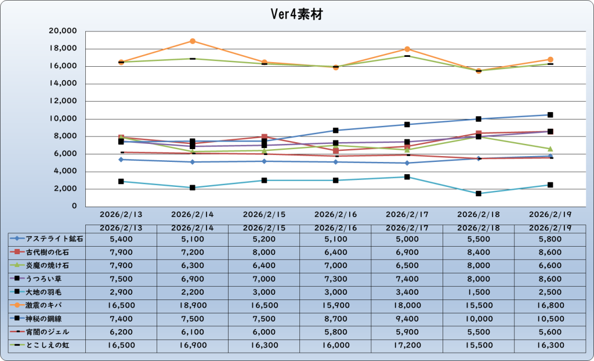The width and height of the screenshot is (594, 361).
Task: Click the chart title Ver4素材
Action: tap(297, 15)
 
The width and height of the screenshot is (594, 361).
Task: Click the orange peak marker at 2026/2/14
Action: tap(193, 41)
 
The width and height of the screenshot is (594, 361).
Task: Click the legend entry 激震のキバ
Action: tap(48, 304)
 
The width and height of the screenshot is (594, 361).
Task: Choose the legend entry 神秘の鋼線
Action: tap(48, 318)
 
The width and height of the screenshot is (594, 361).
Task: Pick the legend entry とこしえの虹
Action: tap(48, 346)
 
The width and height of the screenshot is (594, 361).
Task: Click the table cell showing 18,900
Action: tap(193, 304)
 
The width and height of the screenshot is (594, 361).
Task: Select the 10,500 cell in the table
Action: tap(550, 318)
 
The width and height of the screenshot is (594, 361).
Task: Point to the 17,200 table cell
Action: tap(407, 346)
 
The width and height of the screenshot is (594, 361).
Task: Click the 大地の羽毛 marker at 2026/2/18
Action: tap(479, 193)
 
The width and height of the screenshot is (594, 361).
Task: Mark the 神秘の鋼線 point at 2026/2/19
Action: tap(550, 115)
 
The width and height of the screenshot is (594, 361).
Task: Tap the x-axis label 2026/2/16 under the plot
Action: tap(336, 214)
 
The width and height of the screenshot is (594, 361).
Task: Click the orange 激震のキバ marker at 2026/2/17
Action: tap(407, 49)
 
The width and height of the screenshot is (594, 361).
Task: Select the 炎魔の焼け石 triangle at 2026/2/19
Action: tap(550, 149)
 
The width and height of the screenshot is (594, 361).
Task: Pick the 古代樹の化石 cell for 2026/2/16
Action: tap(336, 252)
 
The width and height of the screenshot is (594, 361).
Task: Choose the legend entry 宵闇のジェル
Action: tap(48, 332)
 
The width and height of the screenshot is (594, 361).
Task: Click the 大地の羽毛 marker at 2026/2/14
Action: tap(193, 187)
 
